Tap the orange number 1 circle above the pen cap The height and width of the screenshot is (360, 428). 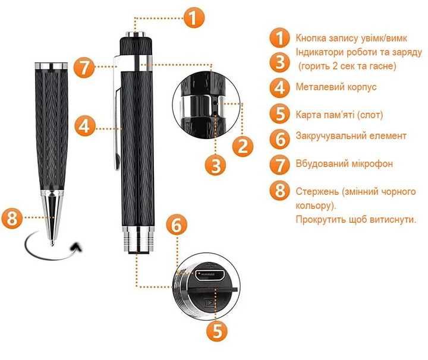click(x=194, y=17)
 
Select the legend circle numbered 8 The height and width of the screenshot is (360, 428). click(x=280, y=191)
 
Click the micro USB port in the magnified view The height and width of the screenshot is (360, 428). click(x=209, y=274)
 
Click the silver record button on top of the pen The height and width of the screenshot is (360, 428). click(x=136, y=34)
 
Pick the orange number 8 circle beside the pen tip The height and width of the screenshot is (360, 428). click(x=12, y=218)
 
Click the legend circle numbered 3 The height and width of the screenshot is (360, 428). click(x=280, y=62)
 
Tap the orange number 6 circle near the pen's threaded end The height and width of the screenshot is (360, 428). click(x=177, y=225)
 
